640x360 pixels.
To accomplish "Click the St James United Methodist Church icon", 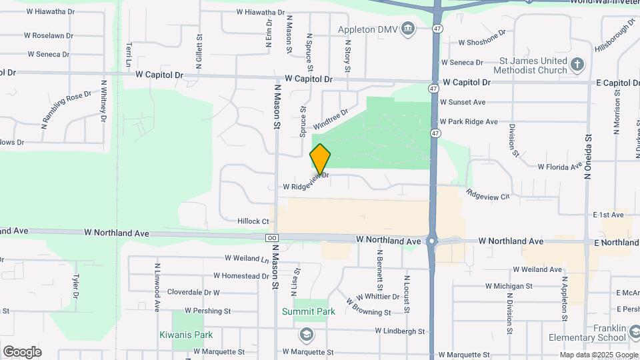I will (577, 65).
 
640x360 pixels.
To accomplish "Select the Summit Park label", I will (308, 311).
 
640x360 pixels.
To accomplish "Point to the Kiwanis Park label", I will (186, 335).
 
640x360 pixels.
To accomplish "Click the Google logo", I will (22, 351).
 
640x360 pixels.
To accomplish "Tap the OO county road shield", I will (271, 238).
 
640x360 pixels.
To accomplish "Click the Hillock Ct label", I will (253, 221).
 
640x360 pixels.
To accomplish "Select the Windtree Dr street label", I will (331, 119).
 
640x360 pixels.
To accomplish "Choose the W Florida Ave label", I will (559, 167).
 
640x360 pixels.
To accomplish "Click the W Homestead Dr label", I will (241, 276).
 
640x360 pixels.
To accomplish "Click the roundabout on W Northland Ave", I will (433, 241).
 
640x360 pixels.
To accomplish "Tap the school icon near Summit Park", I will (307, 333).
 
